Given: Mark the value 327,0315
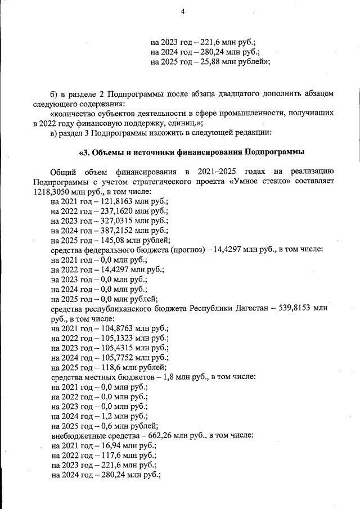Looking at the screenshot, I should click(x=119, y=220).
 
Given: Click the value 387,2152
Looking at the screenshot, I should click(x=119, y=230).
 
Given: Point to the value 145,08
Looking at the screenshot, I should click(x=114, y=240).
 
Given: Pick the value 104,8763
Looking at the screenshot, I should click(x=119, y=328).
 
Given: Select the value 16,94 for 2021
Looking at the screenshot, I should click(x=112, y=445).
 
